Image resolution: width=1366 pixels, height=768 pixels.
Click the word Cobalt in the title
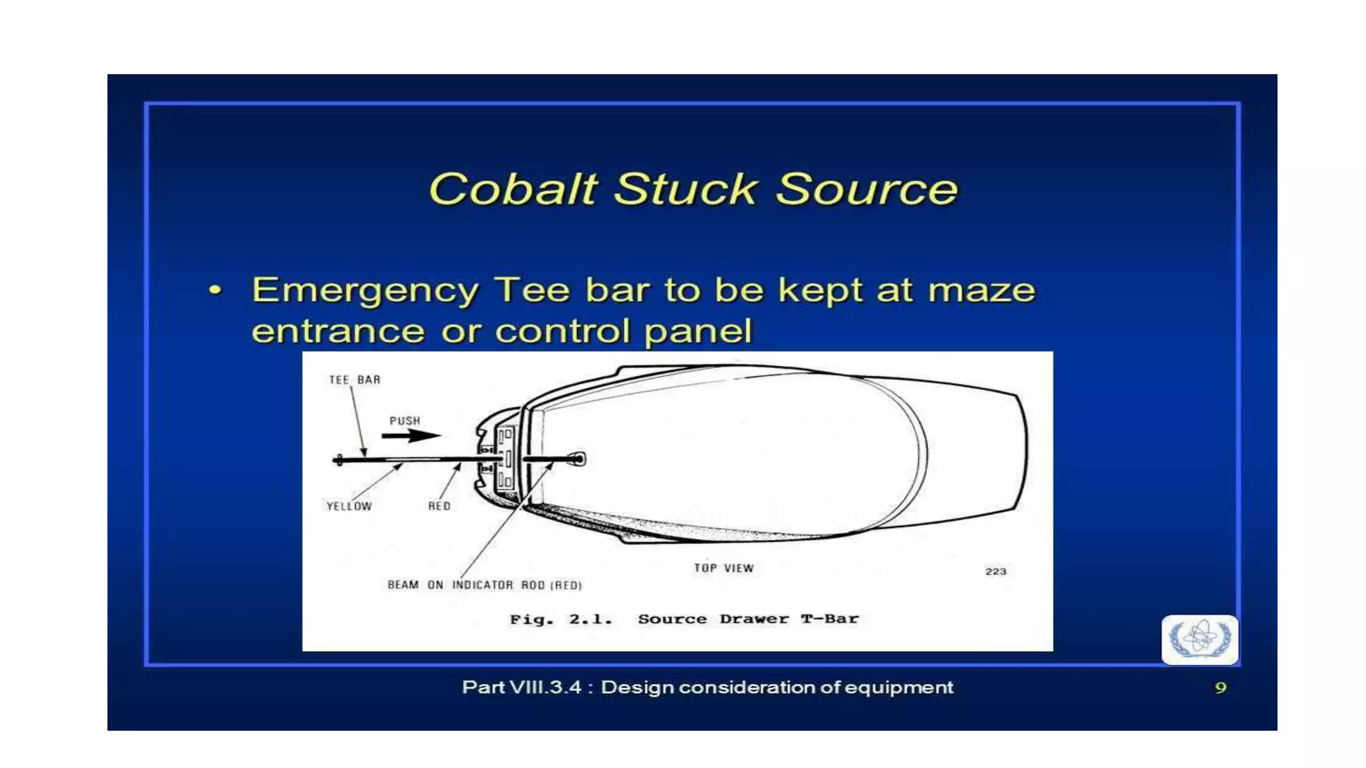point(512,189)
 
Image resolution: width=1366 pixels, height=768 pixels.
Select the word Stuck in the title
point(685,189)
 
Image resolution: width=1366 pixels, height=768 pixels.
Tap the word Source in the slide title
point(866,189)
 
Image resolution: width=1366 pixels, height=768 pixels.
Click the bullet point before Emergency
point(215,290)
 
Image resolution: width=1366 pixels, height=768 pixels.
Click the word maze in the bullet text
point(981,291)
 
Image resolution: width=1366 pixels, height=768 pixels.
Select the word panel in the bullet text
point(698,331)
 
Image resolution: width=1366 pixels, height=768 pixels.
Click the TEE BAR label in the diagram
point(354,380)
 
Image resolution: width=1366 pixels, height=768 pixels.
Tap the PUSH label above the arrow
point(405,421)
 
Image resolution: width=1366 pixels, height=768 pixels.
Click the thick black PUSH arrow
point(411,435)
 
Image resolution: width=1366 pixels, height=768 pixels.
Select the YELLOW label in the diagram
point(349,507)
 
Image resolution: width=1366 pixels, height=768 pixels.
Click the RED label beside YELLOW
point(439,507)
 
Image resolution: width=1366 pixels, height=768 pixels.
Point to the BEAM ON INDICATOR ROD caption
point(484,585)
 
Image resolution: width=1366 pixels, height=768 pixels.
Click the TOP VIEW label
point(723,568)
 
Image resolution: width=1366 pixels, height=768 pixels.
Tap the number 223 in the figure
point(995,571)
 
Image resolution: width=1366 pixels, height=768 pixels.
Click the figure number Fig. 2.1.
point(560,619)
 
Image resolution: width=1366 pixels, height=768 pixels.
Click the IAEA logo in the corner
point(1199,639)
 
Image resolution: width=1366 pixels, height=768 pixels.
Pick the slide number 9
point(1220,687)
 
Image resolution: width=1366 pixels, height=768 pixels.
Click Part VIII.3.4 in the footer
point(522,687)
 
